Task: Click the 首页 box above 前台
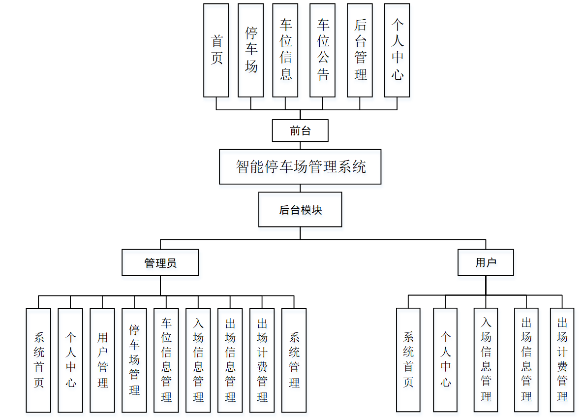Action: point(216,50)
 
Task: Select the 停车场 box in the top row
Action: point(250,50)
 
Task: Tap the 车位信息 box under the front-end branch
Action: point(285,50)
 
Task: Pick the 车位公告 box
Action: point(322,50)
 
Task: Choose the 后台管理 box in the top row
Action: point(360,50)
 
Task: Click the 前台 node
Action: point(300,130)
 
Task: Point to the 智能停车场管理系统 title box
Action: point(300,167)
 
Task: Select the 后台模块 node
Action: point(300,209)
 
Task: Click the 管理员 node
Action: point(160,262)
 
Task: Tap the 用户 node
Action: point(486,262)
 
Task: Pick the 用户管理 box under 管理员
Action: point(102,360)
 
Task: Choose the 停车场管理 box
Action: point(134,360)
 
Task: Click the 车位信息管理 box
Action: point(166,360)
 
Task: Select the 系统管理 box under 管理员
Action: point(294,360)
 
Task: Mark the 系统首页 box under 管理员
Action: point(38,360)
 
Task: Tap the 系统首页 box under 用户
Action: point(408,359)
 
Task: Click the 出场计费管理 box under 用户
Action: point(562,359)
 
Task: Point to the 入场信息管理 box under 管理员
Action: point(198,360)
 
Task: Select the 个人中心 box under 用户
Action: point(446,359)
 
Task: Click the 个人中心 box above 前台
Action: point(397,50)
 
